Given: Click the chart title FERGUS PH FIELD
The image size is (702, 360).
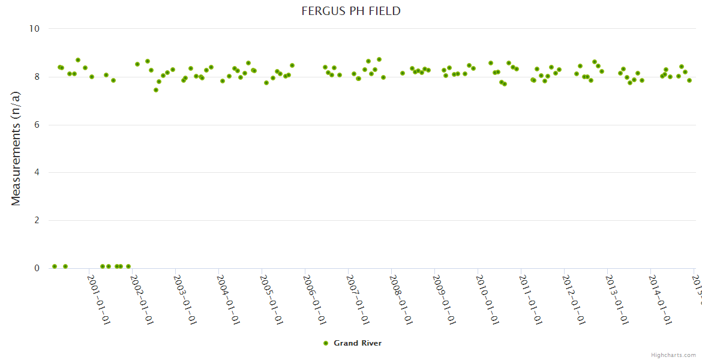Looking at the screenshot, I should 351,11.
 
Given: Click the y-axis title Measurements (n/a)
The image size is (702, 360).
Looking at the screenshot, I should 16,148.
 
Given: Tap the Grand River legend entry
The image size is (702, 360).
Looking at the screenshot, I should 357,343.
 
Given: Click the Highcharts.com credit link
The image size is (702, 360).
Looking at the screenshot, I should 673,355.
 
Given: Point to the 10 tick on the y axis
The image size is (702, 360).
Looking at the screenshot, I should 34,29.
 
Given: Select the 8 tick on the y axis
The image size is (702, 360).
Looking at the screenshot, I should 37,77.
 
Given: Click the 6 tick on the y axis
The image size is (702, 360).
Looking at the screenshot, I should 37,125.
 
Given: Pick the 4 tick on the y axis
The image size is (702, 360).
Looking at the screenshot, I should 37,173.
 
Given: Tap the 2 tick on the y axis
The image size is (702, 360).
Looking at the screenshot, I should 37,221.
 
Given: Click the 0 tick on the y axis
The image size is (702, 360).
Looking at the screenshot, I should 37,268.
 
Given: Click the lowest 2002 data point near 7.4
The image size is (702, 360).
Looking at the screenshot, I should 156,90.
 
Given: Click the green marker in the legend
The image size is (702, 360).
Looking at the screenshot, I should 326,343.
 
